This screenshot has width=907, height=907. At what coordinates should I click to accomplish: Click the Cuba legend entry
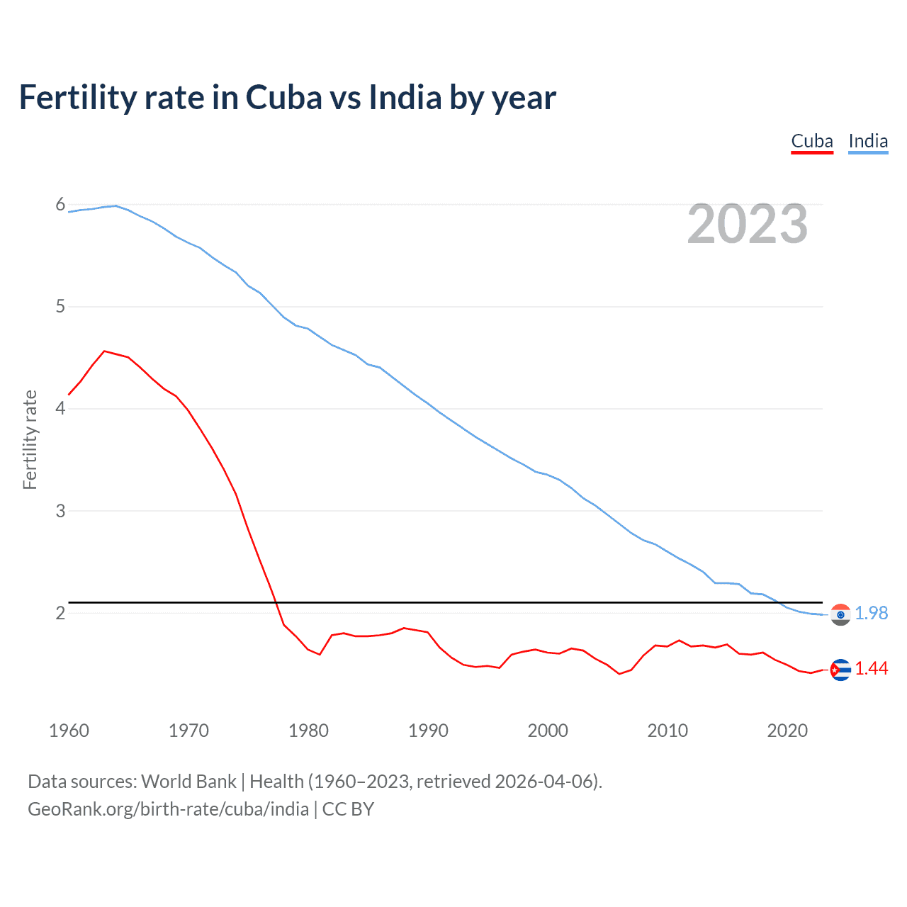coord(812,141)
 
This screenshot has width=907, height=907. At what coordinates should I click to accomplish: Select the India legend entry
coord(868,141)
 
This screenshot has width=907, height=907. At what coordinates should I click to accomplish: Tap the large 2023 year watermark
coord(748,224)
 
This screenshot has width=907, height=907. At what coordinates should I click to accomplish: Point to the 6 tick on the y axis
coord(60,205)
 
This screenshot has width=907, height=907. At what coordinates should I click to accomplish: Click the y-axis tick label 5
coord(60,307)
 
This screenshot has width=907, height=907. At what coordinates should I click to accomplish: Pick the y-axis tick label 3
coord(60,511)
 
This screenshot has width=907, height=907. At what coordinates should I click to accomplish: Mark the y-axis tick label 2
coord(60,613)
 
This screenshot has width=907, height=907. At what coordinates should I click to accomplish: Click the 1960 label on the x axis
coord(69,731)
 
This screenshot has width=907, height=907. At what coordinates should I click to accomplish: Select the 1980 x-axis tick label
coord(308,731)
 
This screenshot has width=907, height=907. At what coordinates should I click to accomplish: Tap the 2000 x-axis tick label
coord(548,731)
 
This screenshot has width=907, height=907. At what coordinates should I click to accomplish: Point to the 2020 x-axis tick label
coord(787,731)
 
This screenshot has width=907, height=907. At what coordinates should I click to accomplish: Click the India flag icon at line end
coord(840,614)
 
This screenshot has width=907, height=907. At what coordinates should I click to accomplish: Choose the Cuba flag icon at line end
coord(840,670)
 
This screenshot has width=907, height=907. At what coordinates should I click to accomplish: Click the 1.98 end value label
coord(872,613)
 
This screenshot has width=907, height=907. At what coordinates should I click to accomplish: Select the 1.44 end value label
coord(872,668)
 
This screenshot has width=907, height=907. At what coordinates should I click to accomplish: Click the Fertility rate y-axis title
coord(30,439)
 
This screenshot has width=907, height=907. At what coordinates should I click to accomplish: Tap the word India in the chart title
coord(405,97)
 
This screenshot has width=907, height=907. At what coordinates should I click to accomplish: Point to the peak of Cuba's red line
coord(105,351)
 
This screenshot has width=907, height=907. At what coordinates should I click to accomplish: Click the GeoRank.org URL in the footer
coord(168,809)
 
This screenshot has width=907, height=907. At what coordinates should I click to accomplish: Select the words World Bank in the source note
coord(188,782)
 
